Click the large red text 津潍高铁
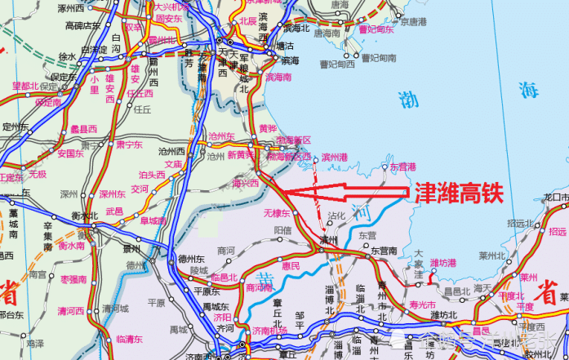point(458,194)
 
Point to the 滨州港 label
point(335,156)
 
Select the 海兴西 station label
point(245,184)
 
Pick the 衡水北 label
point(84,216)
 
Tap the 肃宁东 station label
point(129,144)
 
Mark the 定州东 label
point(16,127)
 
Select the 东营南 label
point(384,251)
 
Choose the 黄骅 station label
point(268,128)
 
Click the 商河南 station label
point(259,287)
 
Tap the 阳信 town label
point(282,231)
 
